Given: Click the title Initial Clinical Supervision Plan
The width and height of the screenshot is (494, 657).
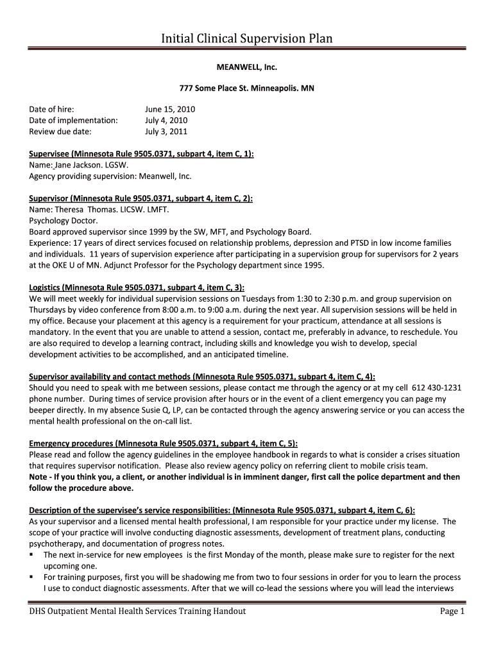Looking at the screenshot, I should (x=246, y=39).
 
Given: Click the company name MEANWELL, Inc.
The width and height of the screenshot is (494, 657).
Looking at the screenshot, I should (x=246, y=66).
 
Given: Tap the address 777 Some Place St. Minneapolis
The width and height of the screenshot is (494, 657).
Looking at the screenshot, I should (x=246, y=87).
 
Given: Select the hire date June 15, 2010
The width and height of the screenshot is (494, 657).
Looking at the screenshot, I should (x=170, y=110).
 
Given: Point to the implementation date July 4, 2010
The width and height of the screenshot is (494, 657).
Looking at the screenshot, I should (x=166, y=121).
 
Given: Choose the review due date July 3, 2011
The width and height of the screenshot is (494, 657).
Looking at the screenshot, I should (x=166, y=132).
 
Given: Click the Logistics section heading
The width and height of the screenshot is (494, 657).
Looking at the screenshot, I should (x=137, y=287).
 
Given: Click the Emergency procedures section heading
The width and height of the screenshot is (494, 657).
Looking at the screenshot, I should (x=163, y=443).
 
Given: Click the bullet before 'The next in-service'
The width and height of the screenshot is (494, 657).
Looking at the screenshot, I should (x=32, y=555).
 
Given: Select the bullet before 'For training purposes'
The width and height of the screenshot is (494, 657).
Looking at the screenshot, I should (x=32, y=577).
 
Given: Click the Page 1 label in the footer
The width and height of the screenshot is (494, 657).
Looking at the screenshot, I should (x=452, y=611).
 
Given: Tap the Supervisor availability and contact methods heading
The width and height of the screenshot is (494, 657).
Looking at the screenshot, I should (x=202, y=377).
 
